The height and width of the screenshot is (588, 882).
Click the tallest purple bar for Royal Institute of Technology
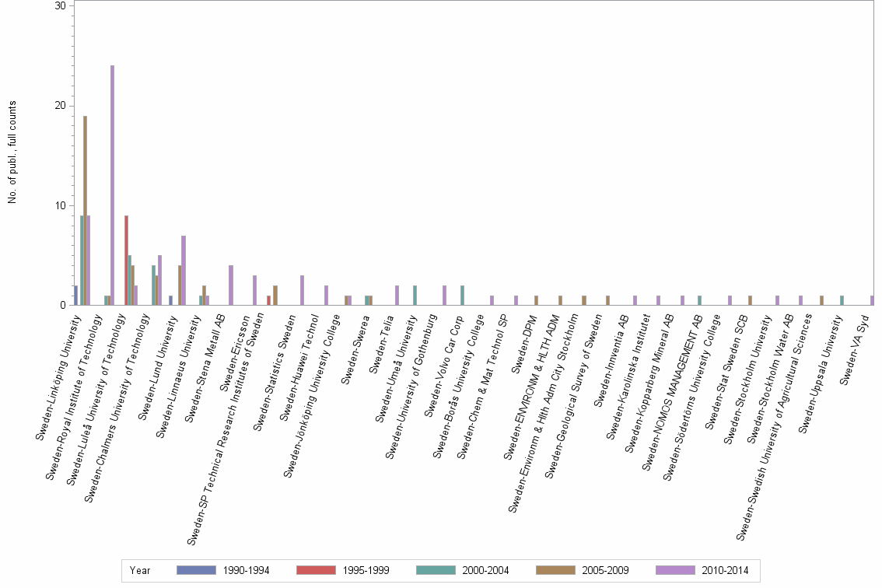tap(112, 185)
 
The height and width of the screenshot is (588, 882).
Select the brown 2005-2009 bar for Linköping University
tap(85, 210)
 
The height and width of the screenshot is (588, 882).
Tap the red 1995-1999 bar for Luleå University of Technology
tap(126, 261)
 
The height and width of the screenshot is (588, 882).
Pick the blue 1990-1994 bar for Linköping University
tap(75, 295)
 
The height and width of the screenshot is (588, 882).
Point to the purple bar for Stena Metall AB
tap(231, 285)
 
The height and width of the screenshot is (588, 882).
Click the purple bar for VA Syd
tap(872, 300)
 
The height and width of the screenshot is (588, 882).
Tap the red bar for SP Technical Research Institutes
tap(269, 300)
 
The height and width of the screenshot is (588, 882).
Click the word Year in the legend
tap(140, 570)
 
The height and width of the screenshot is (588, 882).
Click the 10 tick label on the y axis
tap(59, 205)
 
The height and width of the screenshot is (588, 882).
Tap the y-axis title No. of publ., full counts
tap(12, 152)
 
